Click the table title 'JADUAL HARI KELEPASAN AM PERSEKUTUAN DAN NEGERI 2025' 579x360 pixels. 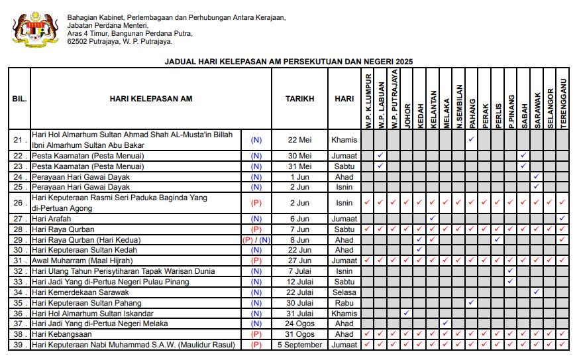289,61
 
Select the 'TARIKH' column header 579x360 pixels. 299,99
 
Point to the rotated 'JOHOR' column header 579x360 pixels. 407,115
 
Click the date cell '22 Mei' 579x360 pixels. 299,140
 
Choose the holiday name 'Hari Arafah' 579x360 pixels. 52,219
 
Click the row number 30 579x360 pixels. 19,250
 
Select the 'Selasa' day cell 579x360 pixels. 344,292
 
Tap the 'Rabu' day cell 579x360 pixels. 344,303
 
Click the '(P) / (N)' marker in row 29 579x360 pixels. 256,240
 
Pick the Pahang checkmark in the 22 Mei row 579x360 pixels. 471,140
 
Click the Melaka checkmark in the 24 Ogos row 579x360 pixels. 445,324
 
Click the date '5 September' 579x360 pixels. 299,345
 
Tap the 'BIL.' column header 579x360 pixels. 19,99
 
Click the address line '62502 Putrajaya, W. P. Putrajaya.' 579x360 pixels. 120,41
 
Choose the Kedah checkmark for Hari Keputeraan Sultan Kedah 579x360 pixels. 419,250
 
